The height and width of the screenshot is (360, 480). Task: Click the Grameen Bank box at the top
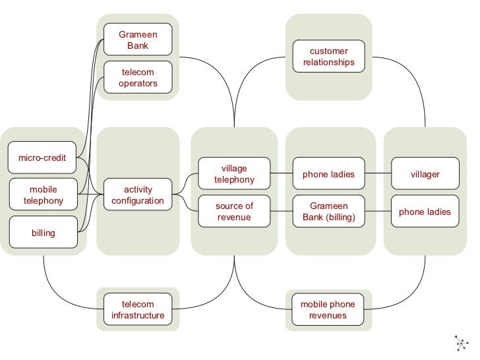click(x=138, y=40)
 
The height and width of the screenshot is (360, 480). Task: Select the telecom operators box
click(x=138, y=77)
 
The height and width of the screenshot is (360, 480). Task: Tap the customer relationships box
click(x=328, y=57)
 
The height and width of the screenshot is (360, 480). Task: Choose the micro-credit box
click(x=42, y=158)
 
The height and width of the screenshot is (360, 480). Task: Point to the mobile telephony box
click(x=43, y=195)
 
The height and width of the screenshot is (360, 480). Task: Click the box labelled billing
click(x=43, y=233)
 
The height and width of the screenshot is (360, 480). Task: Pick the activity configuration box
click(x=138, y=195)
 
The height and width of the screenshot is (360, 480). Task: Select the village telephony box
click(x=234, y=174)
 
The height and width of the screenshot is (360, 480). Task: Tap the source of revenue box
click(x=234, y=212)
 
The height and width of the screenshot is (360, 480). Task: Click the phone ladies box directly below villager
click(x=425, y=212)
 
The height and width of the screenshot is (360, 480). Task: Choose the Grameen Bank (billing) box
click(x=328, y=212)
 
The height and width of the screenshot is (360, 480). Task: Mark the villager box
click(x=425, y=174)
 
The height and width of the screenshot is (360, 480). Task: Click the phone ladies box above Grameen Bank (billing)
click(x=328, y=174)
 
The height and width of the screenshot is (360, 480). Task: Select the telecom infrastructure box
click(x=138, y=310)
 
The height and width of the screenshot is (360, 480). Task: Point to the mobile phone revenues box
click(x=328, y=310)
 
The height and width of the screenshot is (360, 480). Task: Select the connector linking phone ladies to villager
click(x=378, y=174)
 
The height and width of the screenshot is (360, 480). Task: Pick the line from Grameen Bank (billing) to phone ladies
click(x=378, y=212)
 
